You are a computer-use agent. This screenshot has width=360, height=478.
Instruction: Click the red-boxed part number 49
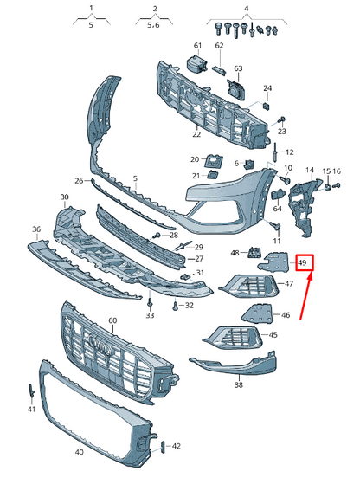(302, 262)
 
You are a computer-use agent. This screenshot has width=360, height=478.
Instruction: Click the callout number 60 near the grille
(112, 321)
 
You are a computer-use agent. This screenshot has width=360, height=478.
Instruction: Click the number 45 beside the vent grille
(273, 334)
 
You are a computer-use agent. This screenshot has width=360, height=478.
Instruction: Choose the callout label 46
(285, 314)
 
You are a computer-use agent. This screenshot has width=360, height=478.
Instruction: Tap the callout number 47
(288, 283)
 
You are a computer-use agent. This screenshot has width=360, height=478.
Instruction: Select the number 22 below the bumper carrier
(196, 133)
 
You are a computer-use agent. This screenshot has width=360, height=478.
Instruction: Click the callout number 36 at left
(36, 229)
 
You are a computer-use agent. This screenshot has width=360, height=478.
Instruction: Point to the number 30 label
(64, 198)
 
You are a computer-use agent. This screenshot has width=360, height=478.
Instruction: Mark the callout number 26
(79, 181)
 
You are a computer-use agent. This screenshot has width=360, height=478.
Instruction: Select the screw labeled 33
(150, 302)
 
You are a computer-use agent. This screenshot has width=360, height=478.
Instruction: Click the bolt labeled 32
(177, 306)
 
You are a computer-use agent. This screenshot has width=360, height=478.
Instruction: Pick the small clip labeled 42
(162, 446)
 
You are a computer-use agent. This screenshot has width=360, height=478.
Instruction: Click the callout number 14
(309, 171)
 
